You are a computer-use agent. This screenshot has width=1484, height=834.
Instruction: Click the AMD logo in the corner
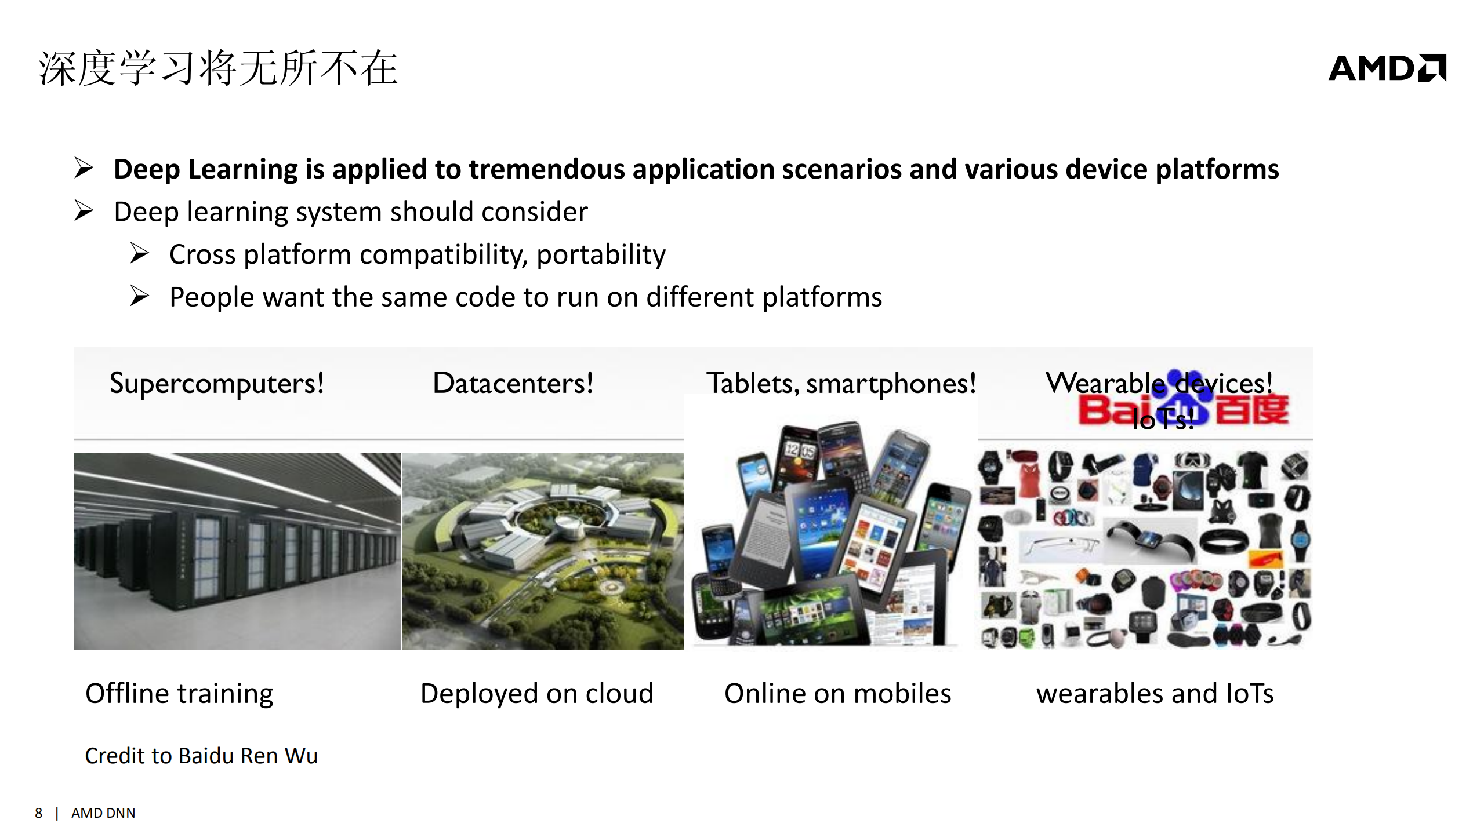coord(1387,68)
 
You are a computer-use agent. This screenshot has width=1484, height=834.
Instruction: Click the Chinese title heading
coord(217,68)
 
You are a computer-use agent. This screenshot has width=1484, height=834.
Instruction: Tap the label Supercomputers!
coord(216,384)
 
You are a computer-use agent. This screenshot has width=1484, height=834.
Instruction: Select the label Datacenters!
coord(513,384)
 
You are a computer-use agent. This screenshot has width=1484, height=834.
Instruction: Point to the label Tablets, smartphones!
coord(841,384)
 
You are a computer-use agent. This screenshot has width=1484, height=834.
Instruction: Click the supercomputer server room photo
coord(237,551)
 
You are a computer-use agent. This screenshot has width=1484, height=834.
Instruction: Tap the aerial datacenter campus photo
coord(543,551)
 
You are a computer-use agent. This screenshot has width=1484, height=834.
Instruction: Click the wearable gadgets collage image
coord(1145,548)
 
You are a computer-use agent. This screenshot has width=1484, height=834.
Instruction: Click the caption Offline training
coord(179,694)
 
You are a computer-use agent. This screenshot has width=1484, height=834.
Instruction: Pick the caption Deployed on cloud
coord(536,694)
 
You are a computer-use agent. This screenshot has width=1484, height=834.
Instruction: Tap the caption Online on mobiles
coord(837,694)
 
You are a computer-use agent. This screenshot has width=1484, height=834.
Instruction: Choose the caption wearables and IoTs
coord(1155,694)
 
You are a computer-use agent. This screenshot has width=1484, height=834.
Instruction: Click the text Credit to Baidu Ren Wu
coord(201,756)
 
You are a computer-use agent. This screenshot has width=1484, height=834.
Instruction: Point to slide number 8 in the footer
coord(38,813)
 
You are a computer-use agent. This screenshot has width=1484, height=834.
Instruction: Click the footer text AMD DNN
coord(103,813)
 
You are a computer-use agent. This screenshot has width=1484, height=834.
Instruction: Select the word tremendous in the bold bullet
coord(546,169)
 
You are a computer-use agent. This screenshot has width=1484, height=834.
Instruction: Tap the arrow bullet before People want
coord(139,296)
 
